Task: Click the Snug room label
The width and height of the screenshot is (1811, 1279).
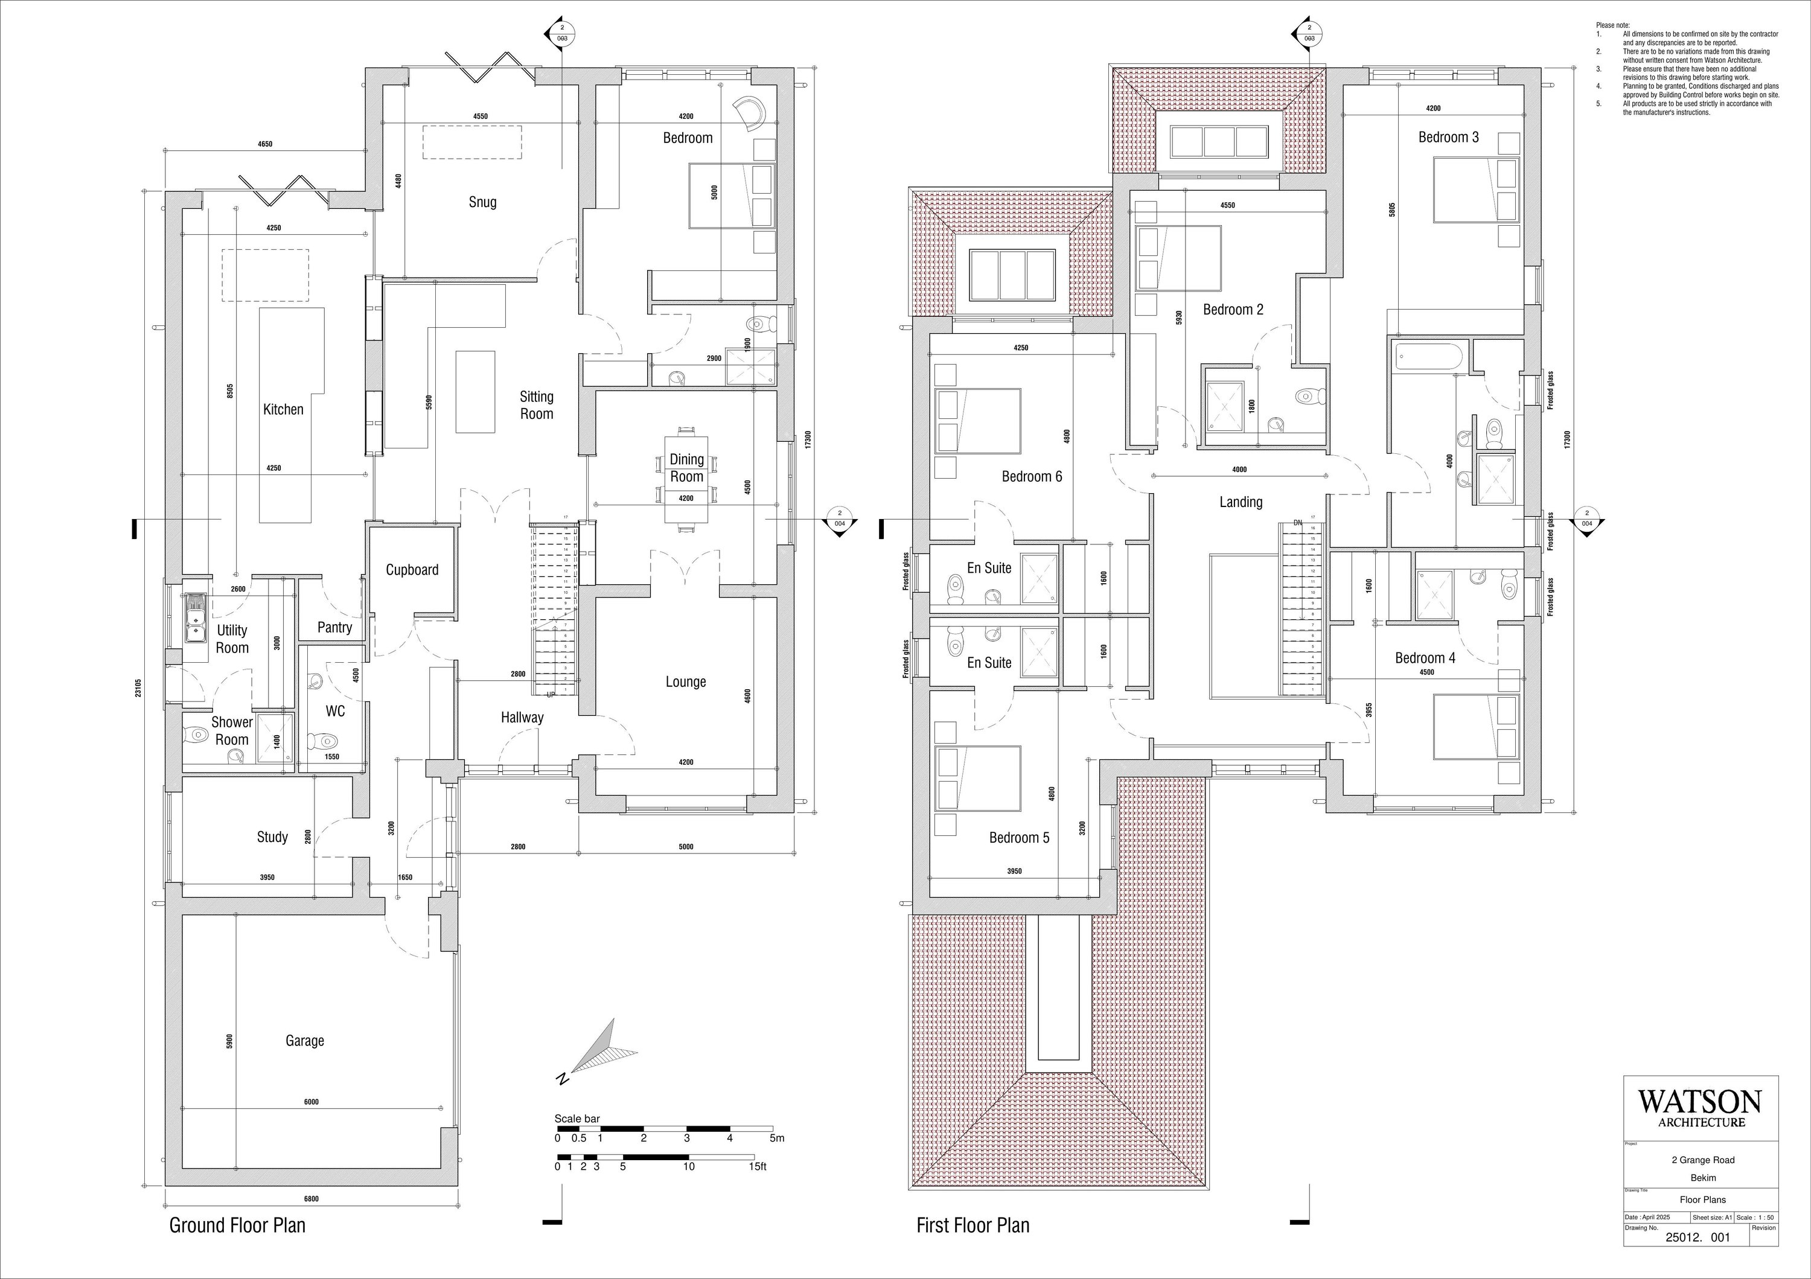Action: pos(482,202)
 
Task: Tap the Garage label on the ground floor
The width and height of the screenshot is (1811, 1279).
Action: pos(304,1041)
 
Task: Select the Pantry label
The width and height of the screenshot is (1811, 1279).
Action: pos(334,628)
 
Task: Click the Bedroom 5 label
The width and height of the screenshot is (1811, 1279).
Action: pos(1019,837)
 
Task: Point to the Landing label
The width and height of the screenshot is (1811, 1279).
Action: pos(1240,502)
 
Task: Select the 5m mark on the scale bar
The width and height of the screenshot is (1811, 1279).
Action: pos(776,1138)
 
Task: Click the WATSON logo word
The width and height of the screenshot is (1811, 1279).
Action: pos(1700,1102)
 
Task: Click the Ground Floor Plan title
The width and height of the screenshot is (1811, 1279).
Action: pos(237,1225)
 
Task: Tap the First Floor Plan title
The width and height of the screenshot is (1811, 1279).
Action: pos(973,1225)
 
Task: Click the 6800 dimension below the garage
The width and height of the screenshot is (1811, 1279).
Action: pos(311,1199)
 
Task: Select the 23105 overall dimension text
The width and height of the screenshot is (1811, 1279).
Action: pos(138,687)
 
